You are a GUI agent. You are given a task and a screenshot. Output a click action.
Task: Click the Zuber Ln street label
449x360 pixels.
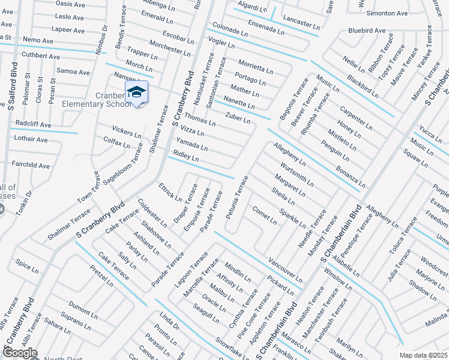tap(238, 118)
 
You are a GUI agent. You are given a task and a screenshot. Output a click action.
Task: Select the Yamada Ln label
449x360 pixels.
tap(191, 144)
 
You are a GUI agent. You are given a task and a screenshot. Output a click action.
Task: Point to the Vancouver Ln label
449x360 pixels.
tap(285, 269)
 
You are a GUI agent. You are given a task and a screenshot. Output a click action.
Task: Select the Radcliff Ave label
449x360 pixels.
tap(33, 125)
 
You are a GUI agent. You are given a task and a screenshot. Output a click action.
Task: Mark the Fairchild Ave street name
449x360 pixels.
tap(31, 165)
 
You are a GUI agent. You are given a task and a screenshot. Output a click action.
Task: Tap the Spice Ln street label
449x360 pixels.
tap(27, 264)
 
